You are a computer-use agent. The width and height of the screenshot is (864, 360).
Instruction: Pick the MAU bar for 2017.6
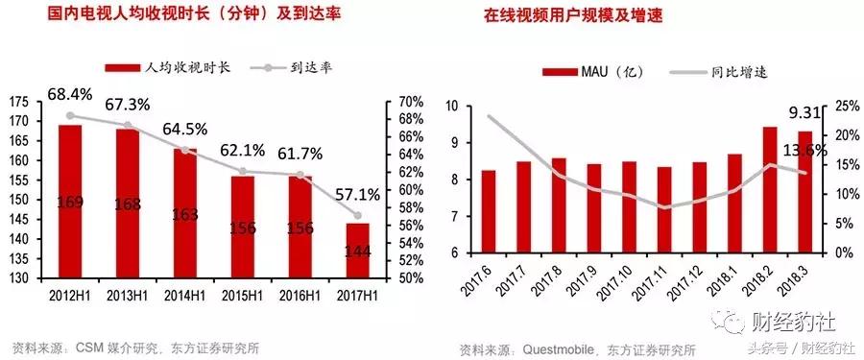pyautogui.click(x=489, y=211)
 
